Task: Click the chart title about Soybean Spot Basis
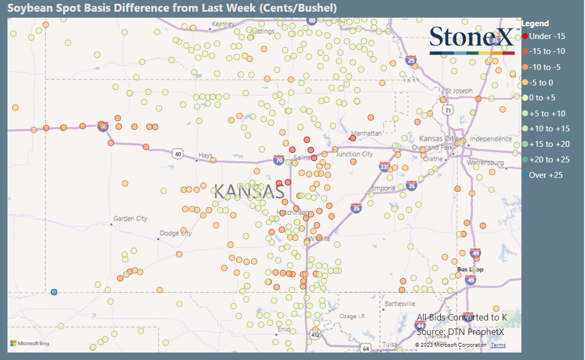(172, 8)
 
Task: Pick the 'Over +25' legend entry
(545, 175)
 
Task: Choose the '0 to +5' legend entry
(542, 98)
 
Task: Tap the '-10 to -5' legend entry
(544, 67)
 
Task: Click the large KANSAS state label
(248, 192)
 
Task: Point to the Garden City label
(130, 218)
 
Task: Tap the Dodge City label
(175, 233)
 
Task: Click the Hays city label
(206, 155)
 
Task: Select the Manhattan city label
(366, 133)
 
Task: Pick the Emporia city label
(384, 188)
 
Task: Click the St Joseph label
(460, 91)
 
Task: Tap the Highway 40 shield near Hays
(178, 154)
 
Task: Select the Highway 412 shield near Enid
(315, 335)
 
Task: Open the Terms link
(498, 345)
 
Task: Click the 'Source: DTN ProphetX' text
(460, 332)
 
